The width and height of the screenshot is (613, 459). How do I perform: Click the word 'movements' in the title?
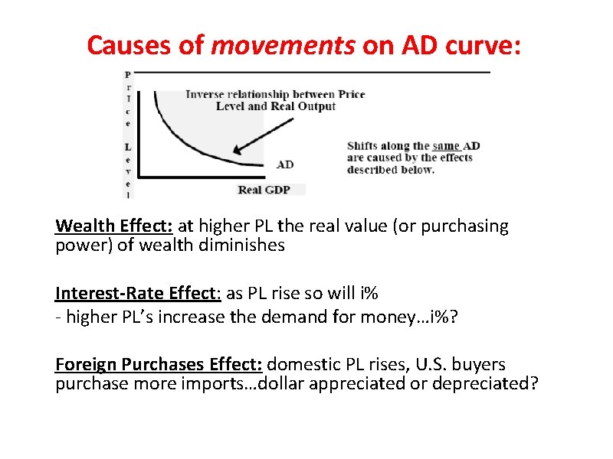click(281, 46)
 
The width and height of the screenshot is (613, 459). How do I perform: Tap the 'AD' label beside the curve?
click(284, 164)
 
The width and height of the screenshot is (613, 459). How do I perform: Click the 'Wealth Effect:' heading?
click(115, 226)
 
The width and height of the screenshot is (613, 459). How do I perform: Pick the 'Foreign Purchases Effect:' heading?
click(159, 365)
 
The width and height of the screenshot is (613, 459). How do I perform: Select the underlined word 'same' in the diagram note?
click(445, 146)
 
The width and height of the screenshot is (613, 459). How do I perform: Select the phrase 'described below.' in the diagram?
click(391, 169)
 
